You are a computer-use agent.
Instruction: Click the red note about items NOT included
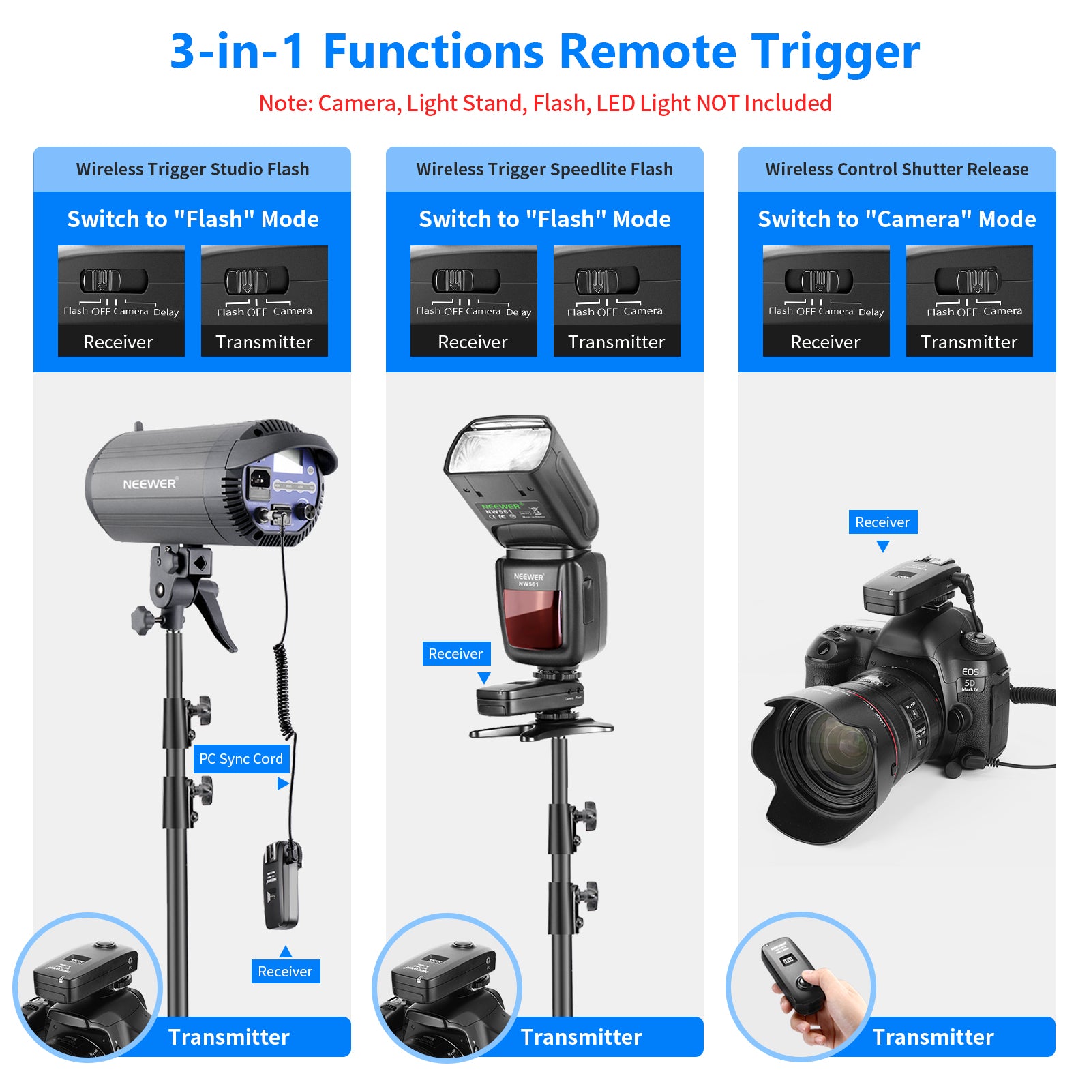545,104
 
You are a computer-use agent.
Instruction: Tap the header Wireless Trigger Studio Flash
192,169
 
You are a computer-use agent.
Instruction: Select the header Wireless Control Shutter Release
897,169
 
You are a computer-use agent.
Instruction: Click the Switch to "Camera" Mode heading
897,219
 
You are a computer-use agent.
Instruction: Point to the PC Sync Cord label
241,759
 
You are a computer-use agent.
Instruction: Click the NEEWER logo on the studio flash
149,484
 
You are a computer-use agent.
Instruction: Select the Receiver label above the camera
882,522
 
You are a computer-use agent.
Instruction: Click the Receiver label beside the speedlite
455,654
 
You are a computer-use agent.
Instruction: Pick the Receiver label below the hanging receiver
285,972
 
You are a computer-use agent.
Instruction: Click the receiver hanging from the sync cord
282,886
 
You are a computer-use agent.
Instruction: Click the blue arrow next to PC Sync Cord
283,784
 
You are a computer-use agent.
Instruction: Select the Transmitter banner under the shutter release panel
933,1037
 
